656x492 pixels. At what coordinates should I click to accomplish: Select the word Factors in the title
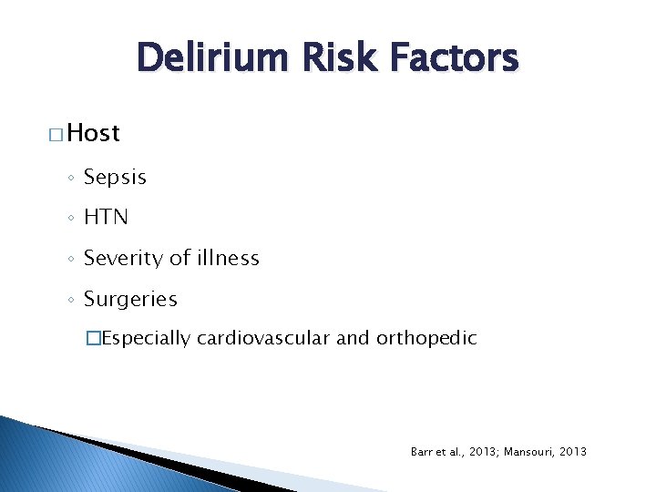[453, 59]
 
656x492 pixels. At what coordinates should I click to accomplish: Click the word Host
[94, 133]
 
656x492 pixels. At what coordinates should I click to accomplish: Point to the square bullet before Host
[56, 135]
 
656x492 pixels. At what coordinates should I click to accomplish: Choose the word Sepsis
[115, 178]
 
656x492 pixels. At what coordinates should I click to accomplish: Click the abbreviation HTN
[106, 218]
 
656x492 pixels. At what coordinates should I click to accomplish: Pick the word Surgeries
[130, 300]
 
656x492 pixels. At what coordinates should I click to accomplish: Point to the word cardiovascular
[264, 339]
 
